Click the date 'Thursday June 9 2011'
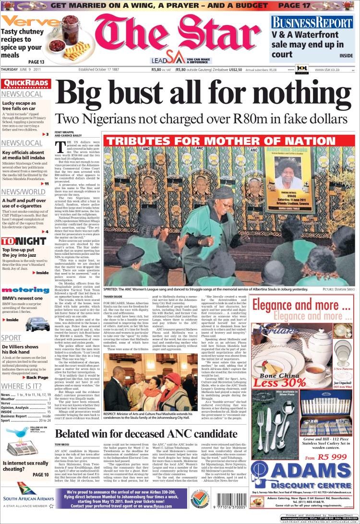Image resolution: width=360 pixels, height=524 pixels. pyautogui.click(x=24, y=69)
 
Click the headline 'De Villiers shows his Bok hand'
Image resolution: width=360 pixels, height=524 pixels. pyautogui.click(x=20, y=349)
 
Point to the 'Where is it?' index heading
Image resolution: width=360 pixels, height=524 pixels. pyautogui.click(x=22, y=385)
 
